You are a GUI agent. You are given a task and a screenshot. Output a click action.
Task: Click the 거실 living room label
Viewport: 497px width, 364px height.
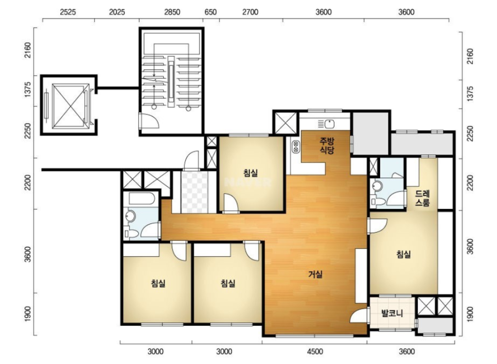coord(315,274)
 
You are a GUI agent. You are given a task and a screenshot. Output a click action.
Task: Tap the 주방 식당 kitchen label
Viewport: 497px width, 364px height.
coord(327,145)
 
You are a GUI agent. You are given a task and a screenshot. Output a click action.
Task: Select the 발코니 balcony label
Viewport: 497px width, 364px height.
coord(392,313)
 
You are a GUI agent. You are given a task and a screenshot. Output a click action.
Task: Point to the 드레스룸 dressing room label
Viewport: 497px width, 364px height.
coord(422,198)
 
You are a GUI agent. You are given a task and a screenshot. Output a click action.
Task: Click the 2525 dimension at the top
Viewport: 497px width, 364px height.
coord(68,12)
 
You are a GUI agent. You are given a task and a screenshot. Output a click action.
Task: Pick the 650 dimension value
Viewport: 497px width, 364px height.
coord(210,12)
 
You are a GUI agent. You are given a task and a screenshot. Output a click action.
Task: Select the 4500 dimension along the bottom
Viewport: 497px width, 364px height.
coord(315,351)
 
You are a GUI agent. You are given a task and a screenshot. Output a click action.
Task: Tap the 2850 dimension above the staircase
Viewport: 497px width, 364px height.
coord(172,12)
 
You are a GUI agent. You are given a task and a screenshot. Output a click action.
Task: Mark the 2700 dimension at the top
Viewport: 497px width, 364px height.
coord(250,12)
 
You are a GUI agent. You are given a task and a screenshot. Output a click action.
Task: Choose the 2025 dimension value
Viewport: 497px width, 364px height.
coord(117,12)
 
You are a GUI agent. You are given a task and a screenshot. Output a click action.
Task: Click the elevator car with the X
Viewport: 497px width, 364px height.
coord(70,106)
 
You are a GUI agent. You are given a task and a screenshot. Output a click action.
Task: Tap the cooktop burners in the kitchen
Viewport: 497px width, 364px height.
coord(296,147)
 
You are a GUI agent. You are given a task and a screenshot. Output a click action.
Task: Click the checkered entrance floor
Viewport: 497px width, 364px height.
coord(194,192)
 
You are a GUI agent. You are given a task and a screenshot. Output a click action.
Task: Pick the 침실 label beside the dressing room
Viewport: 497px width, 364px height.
coord(403,254)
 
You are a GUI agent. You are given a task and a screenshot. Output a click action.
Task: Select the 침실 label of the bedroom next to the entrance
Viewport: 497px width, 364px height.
coord(251,173)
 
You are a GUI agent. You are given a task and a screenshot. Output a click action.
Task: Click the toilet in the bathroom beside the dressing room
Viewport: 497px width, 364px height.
coord(378,201)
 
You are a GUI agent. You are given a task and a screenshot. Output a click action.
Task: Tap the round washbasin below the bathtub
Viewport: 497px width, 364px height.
coord(130,216)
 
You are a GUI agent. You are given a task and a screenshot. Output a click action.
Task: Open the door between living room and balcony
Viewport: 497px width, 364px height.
coord(360,315)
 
